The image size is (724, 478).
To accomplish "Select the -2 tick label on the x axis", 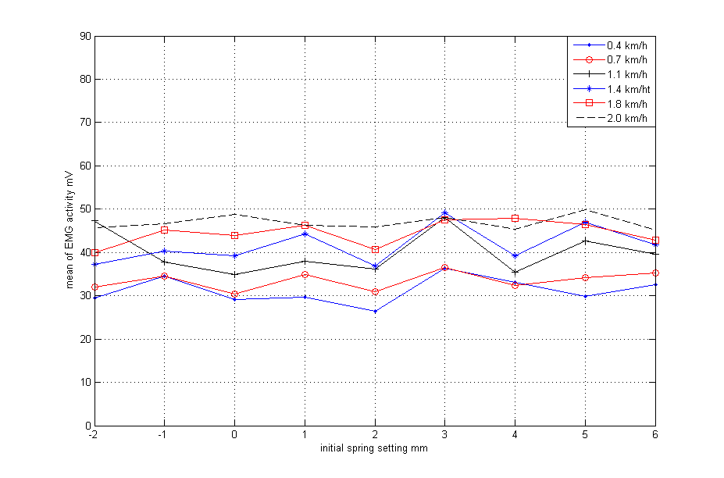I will click(93, 434).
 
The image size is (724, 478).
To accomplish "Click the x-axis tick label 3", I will click(444, 434).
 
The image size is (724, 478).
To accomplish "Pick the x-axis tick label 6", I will click(654, 434).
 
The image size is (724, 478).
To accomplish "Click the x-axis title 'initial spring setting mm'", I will click(373, 448).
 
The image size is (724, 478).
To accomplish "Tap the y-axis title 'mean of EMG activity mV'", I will click(70, 231).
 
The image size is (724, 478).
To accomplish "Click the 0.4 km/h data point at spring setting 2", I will click(375, 311).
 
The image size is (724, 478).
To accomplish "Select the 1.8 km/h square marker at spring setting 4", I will click(515, 218).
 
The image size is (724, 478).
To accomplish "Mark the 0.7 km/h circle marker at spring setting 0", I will click(234, 294).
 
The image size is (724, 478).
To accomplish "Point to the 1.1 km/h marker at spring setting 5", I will click(585, 241).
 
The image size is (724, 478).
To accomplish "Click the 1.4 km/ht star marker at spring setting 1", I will click(305, 234).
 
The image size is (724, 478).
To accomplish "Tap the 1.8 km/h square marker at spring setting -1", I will click(164, 230).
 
